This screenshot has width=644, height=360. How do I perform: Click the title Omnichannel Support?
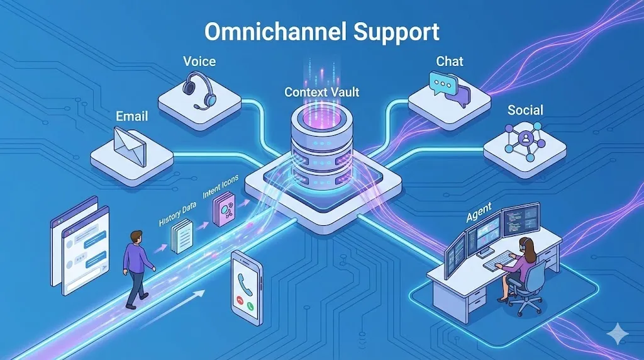[321, 30]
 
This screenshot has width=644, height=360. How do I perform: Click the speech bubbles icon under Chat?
[448, 88]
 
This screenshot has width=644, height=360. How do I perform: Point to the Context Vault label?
[321, 93]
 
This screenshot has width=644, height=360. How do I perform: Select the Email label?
[132, 116]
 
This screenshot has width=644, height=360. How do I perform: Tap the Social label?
[525, 110]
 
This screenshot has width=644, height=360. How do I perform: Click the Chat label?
[449, 62]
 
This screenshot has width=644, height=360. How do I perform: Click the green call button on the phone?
[251, 307]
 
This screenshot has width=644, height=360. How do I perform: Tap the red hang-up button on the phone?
[240, 300]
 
